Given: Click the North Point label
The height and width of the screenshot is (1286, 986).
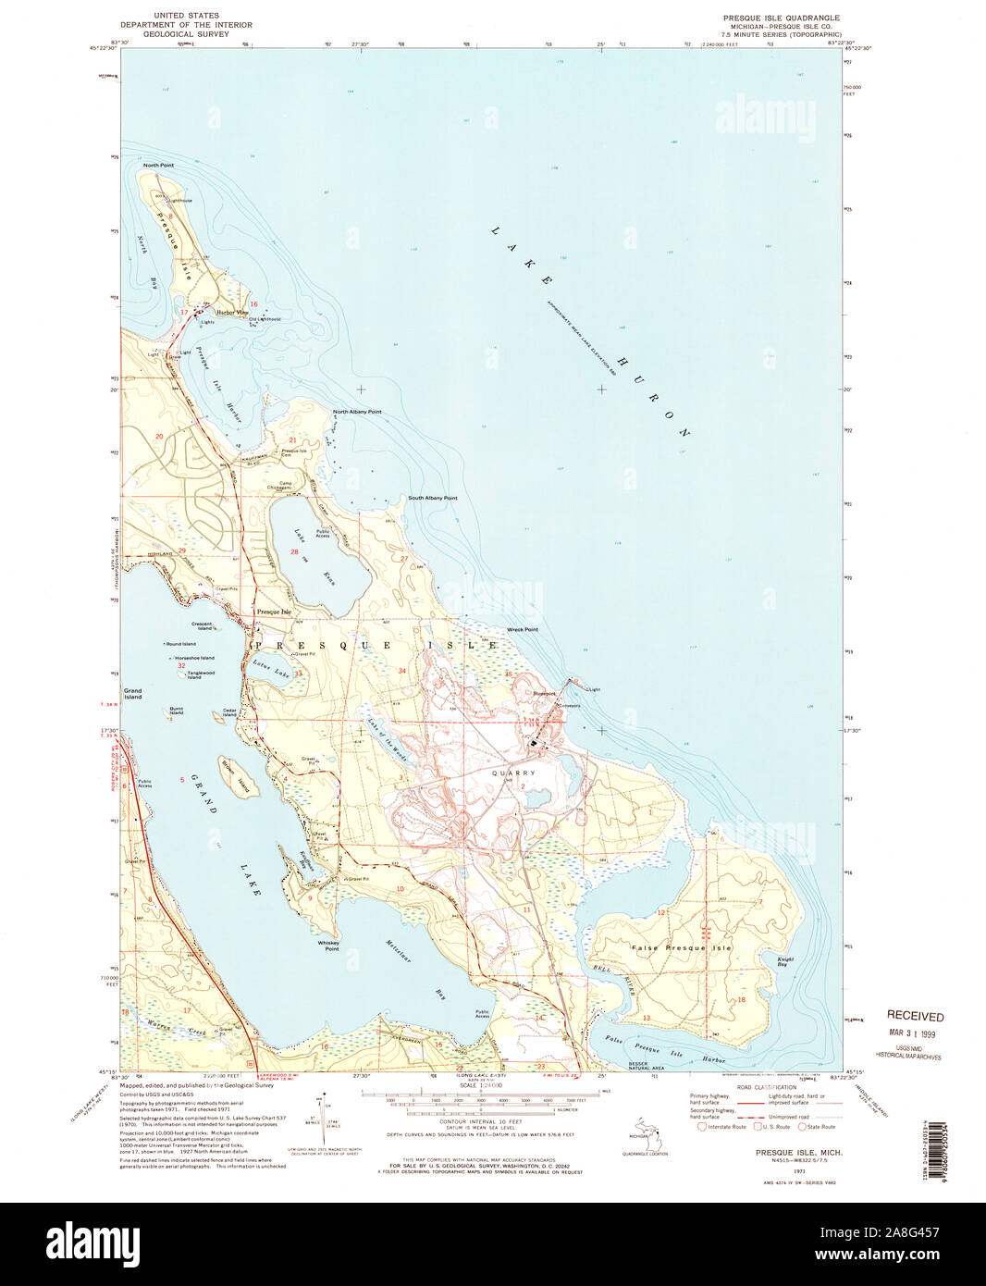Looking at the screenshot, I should pyautogui.click(x=159, y=165).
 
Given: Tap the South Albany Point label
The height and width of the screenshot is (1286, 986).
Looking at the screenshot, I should pyautogui.click(x=432, y=498).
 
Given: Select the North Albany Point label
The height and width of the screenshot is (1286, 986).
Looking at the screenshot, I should pyautogui.click(x=357, y=412).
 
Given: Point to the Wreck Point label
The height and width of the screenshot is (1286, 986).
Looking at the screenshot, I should pyautogui.click(x=522, y=629).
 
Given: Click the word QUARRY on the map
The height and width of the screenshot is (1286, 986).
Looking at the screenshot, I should pyautogui.click(x=513, y=773).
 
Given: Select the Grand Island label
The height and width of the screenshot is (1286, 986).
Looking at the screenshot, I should pyautogui.click(x=133, y=694).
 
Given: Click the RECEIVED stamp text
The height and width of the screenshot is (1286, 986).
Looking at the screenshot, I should pyautogui.click(x=915, y=1016).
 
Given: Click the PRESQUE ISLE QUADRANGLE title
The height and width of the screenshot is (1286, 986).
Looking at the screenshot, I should pyautogui.click(x=782, y=18).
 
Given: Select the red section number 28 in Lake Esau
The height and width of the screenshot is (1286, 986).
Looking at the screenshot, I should pyautogui.click(x=294, y=552).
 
